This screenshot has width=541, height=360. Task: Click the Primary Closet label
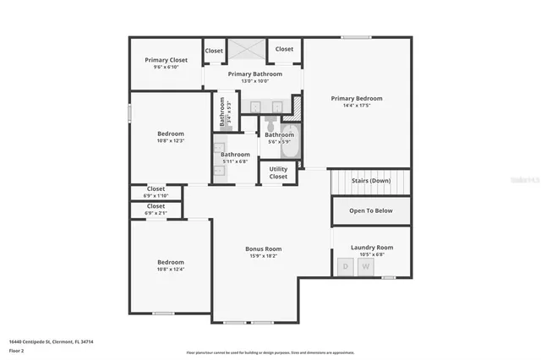pyautogui.click(x=166, y=60)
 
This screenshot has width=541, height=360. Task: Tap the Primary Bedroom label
pyautogui.click(x=356, y=99)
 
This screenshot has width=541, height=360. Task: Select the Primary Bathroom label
pyautogui.click(x=254, y=74)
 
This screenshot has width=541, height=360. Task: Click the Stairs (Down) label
pyautogui.click(x=370, y=180)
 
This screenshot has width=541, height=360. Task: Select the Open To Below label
pyautogui.click(x=370, y=210)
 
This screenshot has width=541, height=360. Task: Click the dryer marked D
pyautogui.click(x=345, y=267)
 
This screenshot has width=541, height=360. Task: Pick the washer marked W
pyautogui.click(x=365, y=267)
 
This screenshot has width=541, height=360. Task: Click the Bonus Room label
pyautogui.click(x=263, y=248)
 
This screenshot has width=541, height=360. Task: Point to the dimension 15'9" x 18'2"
pyautogui.click(x=263, y=256)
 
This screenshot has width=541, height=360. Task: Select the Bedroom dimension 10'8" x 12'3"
pyautogui.click(x=170, y=141)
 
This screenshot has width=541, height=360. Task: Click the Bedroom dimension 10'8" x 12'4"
pyautogui.click(x=170, y=270)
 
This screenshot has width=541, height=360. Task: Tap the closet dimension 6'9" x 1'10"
pyautogui.click(x=156, y=196)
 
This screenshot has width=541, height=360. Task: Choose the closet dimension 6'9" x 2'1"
pyautogui.click(x=156, y=213)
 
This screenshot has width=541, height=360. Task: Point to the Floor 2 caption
pyautogui.click(x=17, y=350)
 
